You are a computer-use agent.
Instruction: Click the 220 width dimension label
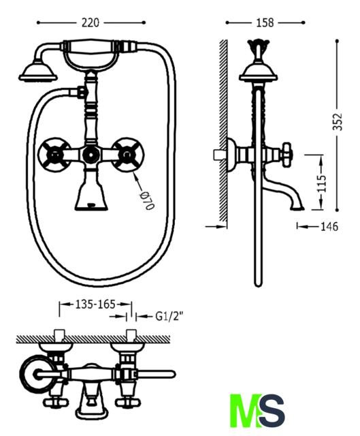91,22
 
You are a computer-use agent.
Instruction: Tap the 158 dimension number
265,22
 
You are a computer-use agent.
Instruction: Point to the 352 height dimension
338,121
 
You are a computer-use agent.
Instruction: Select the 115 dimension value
322,183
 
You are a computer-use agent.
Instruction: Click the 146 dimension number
329,227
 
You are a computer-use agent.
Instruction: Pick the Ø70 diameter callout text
147,200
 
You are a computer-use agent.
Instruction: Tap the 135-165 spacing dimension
95,305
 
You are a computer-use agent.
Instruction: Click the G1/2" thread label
169,316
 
